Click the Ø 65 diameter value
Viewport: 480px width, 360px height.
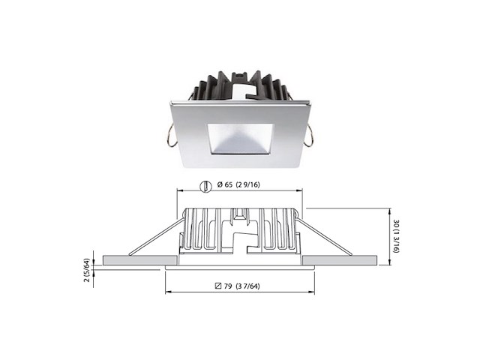click(224, 184)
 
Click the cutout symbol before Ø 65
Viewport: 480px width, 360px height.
click(205, 184)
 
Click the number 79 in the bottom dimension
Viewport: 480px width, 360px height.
click(229, 285)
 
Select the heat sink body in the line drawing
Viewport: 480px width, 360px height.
click(240, 229)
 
